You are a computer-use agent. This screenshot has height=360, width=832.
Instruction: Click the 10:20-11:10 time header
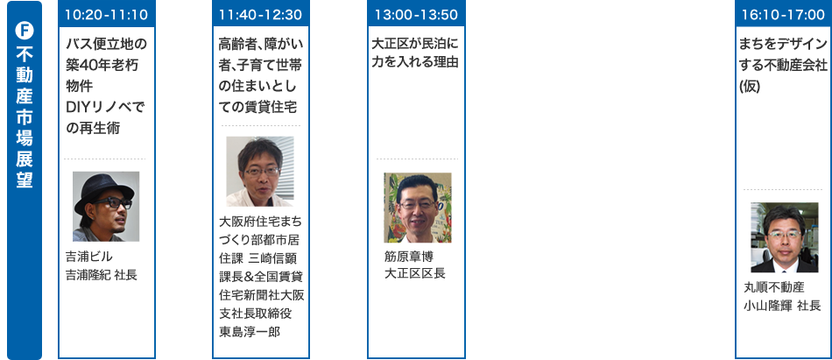coord(106,15)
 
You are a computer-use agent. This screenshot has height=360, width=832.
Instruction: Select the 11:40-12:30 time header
coord(260,15)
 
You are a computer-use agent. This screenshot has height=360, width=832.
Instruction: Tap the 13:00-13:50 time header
coord(416,15)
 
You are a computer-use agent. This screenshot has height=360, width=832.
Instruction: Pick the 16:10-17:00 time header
coord(781,15)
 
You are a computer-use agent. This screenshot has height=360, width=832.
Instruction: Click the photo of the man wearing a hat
coord(106,206)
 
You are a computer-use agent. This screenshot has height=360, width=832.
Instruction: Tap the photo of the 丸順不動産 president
coord(782,237)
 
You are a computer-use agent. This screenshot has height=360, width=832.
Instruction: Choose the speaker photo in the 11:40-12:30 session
coord(259,172)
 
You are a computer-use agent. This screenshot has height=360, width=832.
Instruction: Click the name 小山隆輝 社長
coord(782,306)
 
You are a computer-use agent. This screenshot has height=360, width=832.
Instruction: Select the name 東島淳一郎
coord(250,333)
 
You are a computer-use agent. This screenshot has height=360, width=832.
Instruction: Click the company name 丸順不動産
coord(774,287)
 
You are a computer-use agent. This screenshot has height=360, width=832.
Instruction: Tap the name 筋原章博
coord(408,256)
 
